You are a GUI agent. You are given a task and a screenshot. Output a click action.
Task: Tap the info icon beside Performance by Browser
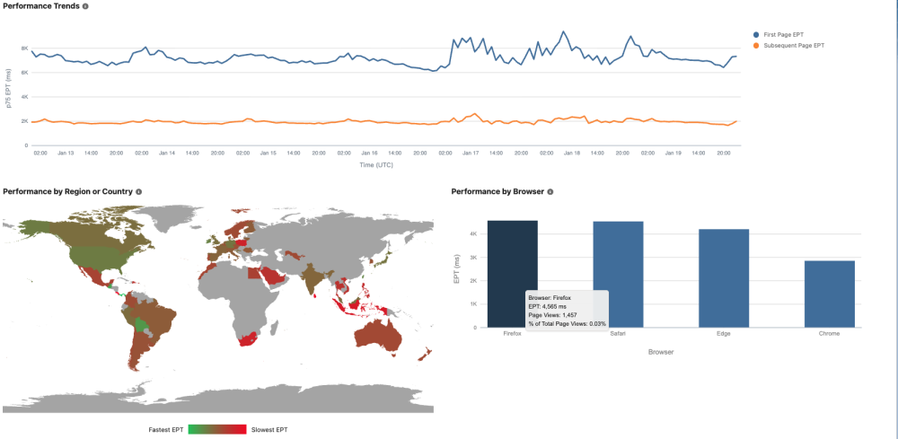click(x=550, y=191)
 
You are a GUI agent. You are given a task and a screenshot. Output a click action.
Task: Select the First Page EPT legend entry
click(x=782, y=34)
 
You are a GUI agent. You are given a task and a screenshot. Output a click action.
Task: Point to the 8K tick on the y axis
click(x=25, y=48)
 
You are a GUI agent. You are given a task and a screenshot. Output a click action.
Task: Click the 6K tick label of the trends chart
click(x=25, y=73)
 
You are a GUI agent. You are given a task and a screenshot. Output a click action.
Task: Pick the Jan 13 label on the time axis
click(x=66, y=154)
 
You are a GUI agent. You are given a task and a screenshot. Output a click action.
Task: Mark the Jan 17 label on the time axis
click(x=470, y=154)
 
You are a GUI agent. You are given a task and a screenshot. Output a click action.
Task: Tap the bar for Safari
click(x=618, y=274)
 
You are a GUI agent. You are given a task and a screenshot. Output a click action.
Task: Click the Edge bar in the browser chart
click(x=724, y=278)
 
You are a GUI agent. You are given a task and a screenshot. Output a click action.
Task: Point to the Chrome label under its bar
click(x=830, y=334)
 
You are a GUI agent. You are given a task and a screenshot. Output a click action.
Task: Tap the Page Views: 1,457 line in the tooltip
click(x=552, y=315)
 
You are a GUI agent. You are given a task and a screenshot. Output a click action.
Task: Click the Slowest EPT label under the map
click(x=269, y=430)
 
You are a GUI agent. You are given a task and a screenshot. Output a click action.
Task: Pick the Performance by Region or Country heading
click(x=67, y=191)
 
